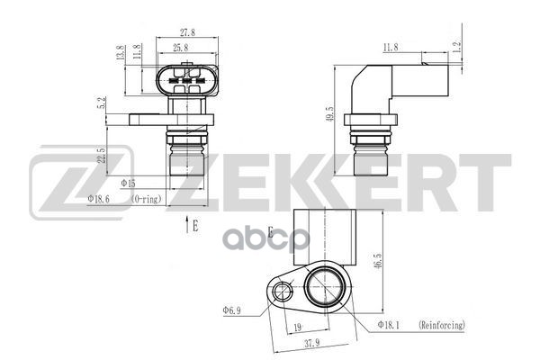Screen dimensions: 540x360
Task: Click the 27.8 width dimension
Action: pyautogui.click(x=187, y=32)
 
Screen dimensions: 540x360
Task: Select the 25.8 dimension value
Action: pyautogui.click(x=181, y=47)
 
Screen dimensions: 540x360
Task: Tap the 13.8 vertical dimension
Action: pyautogui.click(x=121, y=52)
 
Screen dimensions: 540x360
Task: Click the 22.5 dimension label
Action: pyautogui.click(x=101, y=156)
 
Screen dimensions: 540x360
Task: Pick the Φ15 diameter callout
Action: pyautogui.click(x=128, y=184)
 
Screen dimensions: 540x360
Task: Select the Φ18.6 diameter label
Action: pyautogui.click(x=98, y=199)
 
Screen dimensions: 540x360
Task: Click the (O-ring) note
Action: pyautogui.click(x=147, y=199)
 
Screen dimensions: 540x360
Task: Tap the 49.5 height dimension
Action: pyautogui.click(x=329, y=113)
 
